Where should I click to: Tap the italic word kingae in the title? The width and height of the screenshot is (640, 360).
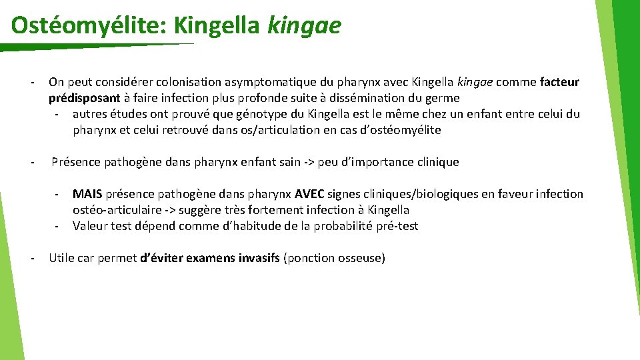(x=304, y=25)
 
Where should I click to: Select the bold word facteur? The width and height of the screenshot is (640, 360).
(x=560, y=82)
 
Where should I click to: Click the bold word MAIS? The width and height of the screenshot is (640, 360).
(x=87, y=194)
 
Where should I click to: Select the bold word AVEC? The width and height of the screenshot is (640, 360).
(x=309, y=194)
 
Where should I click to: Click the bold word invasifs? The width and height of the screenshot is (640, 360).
(x=259, y=258)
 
